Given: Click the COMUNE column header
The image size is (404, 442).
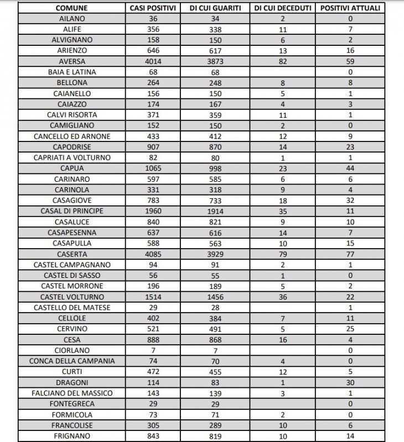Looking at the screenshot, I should (72, 8).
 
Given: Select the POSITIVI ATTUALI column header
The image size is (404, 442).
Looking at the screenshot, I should (350, 8).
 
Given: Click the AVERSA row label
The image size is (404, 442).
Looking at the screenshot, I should (72, 61).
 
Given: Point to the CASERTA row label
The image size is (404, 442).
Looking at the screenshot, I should (72, 254).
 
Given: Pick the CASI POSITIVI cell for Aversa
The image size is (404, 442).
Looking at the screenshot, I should (153, 61).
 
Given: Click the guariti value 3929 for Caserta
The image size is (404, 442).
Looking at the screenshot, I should (216, 254).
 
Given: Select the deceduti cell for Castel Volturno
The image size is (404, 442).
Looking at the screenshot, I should (283, 297).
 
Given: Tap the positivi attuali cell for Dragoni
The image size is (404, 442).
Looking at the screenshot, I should (350, 383).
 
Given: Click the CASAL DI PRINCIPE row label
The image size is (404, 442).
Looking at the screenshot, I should (72, 211).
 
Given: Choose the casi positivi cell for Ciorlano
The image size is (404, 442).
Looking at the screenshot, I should (153, 351).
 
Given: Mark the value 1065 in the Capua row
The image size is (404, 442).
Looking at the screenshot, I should (153, 169).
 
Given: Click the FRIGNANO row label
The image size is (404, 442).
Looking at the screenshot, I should (72, 436).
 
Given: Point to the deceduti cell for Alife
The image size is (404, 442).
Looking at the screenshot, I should (283, 29).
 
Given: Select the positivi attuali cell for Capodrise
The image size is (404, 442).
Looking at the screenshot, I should (350, 148).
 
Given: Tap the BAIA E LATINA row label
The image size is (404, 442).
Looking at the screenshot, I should (72, 72).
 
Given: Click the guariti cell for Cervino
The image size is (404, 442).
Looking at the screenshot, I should (216, 329).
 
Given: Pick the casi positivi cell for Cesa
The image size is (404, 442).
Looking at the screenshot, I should (153, 340).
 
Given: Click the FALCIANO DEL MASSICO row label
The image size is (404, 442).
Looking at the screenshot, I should (72, 393).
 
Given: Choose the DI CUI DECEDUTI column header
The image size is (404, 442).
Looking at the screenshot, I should (283, 8).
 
